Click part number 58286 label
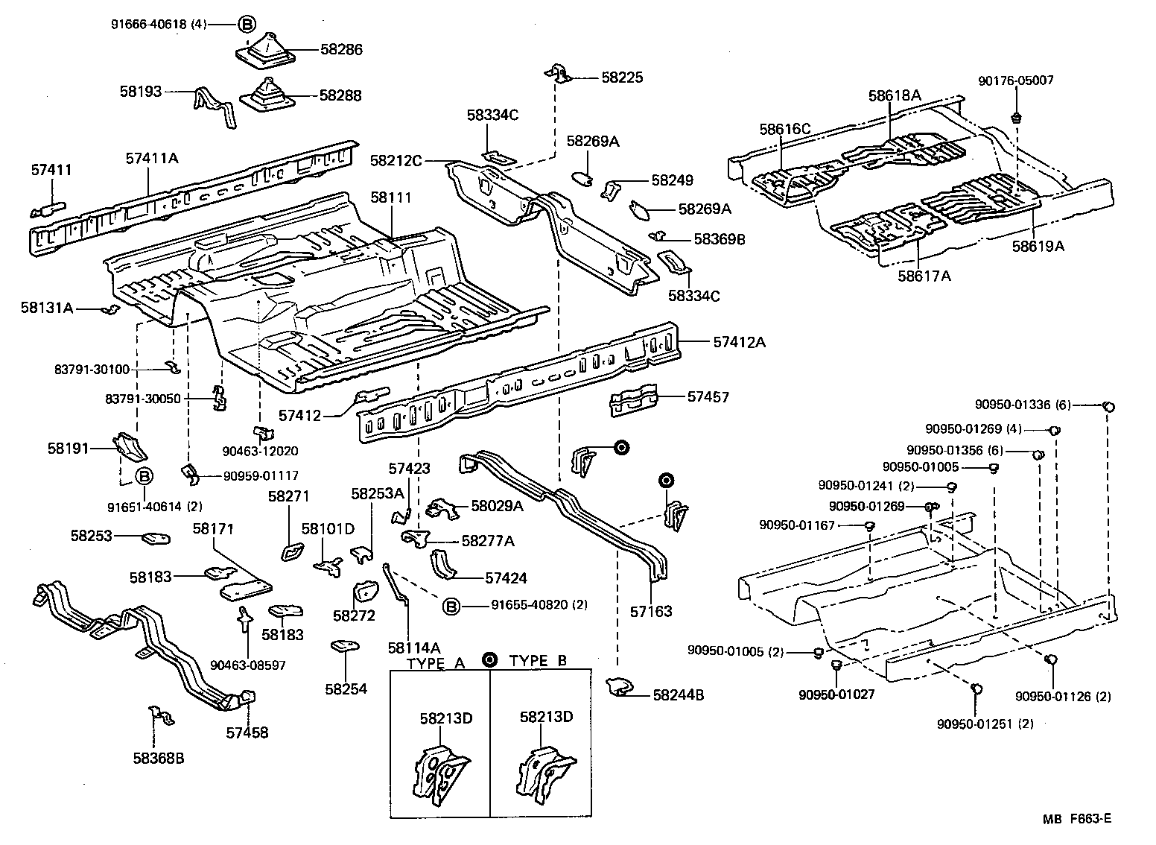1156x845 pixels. coord(341,50)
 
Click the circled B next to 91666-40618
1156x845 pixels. coord(247,24)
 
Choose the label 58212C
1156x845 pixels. coord(396,160)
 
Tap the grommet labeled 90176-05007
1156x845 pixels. coord(1016,118)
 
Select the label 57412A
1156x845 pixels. coord(739,342)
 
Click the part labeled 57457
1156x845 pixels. coord(634,401)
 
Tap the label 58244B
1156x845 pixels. coord(678,695)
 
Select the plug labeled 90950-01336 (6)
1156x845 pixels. coord(1108,406)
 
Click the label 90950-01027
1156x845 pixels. coord(836,694)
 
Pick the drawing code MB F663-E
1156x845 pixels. coord(1076,818)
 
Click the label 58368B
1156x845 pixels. coord(159,759)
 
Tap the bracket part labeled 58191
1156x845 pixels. coord(129,446)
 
